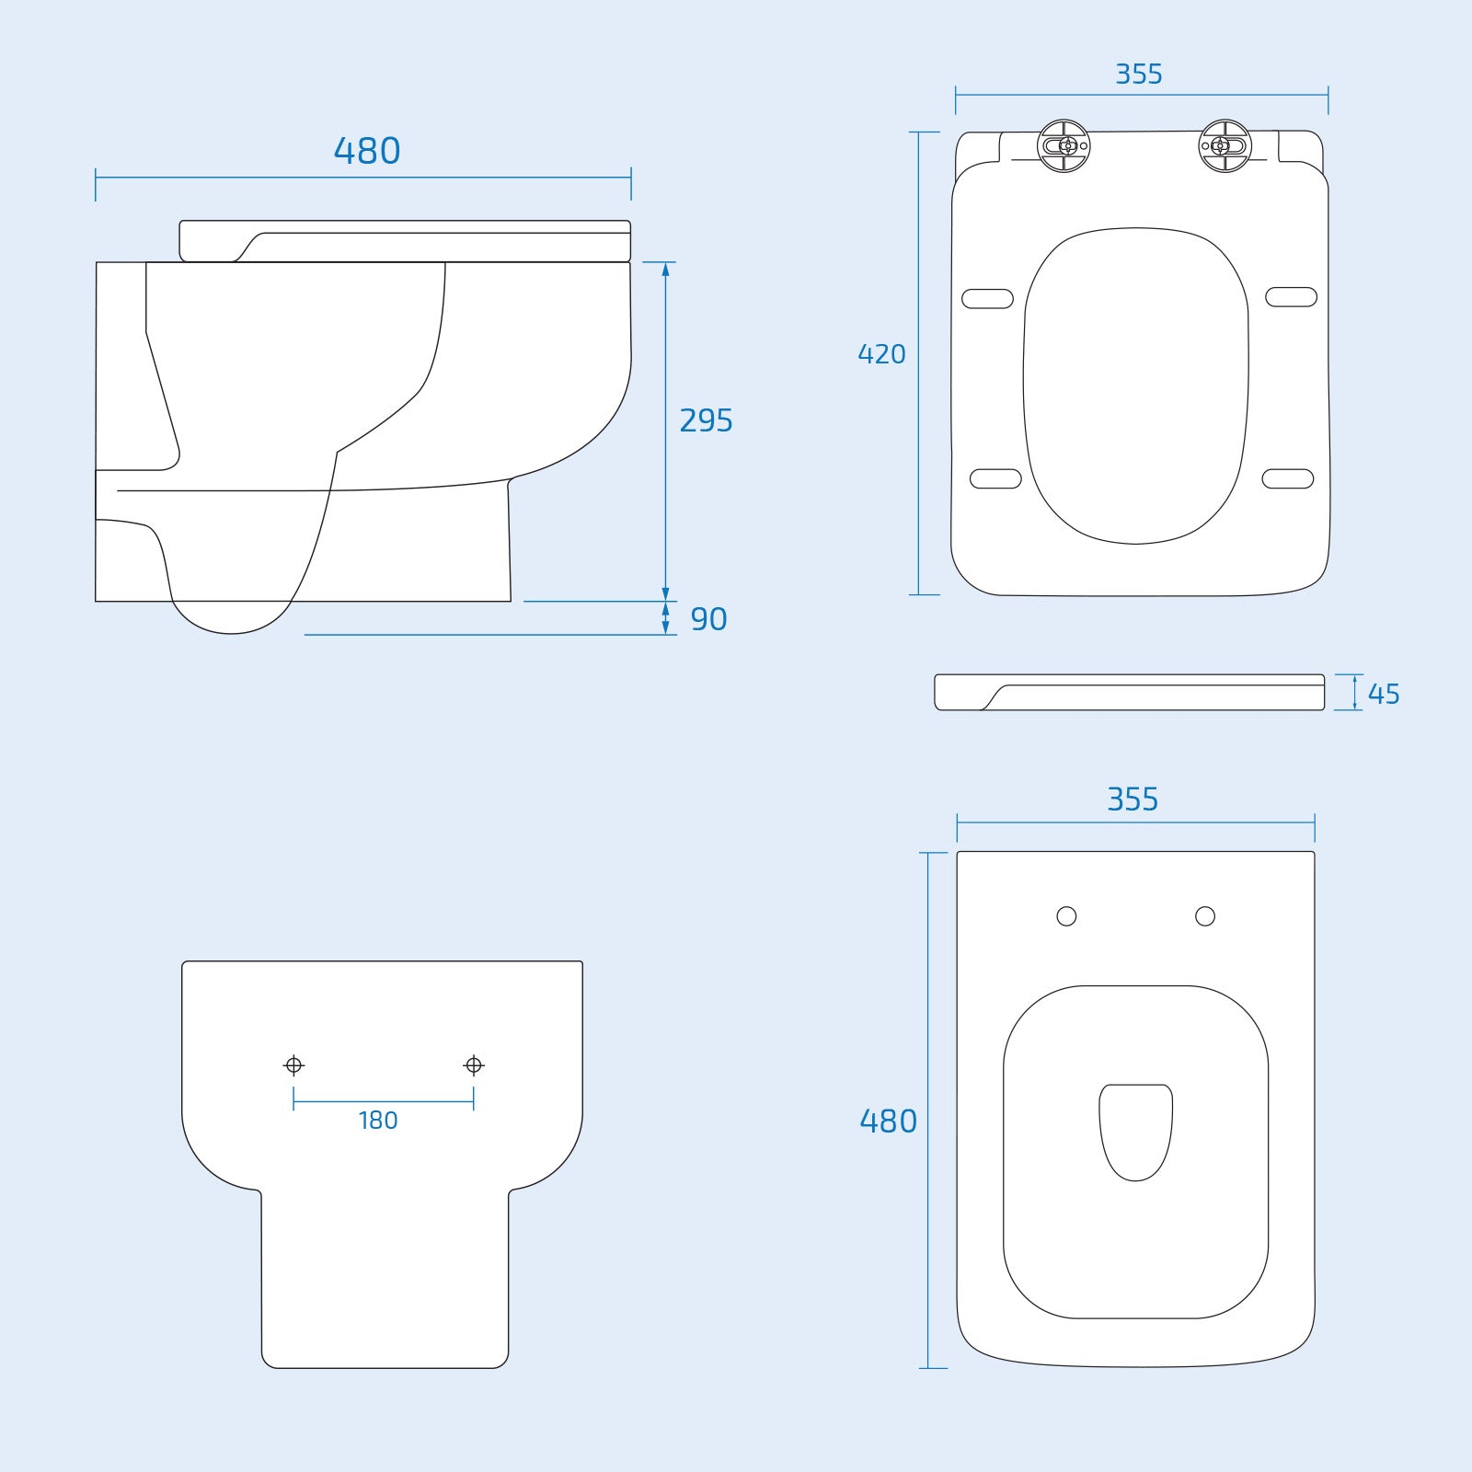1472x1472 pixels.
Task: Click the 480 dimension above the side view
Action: point(367,151)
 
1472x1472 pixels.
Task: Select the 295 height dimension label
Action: point(706,420)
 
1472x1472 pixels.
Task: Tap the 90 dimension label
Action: point(708,619)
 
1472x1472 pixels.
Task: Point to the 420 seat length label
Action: point(881,354)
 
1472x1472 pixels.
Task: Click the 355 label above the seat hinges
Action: point(1139,75)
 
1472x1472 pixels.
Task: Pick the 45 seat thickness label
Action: point(1383,694)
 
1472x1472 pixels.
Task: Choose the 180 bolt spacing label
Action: point(378,1121)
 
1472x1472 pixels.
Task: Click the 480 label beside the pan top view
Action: point(888,1121)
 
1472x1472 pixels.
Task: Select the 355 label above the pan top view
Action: point(1133,799)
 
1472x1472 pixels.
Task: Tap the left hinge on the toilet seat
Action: point(1064,145)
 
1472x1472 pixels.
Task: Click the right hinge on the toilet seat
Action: point(1225,145)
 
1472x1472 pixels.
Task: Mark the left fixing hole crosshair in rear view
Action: point(293,1065)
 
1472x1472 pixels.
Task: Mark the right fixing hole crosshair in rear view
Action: point(474,1065)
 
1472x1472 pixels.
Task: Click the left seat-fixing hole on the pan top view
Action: point(1066,916)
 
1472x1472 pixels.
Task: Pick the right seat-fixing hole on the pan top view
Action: point(1204,916)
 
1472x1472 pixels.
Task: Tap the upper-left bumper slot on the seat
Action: point(987,299)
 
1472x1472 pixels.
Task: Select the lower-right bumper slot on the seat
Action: point(1287,478)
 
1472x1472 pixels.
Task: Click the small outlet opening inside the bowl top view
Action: point(1135,1131)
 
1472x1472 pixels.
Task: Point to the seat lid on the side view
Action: point(405,241)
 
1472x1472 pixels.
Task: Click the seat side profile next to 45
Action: point(1130,693)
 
